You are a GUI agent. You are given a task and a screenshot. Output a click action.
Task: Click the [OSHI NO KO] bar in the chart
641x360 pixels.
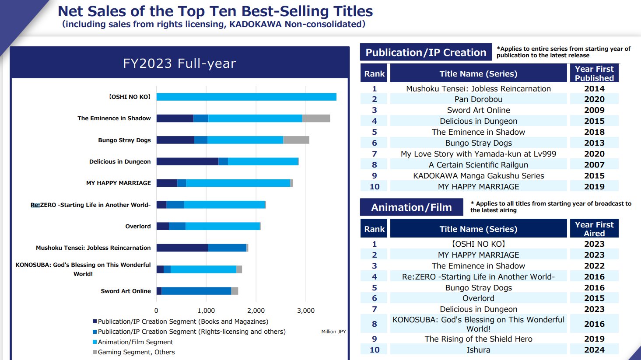(246, 97)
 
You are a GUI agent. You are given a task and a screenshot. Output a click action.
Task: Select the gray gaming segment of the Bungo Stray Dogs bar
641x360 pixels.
(296, 140)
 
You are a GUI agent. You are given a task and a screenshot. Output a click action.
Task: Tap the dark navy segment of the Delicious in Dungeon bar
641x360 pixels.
(187, 161)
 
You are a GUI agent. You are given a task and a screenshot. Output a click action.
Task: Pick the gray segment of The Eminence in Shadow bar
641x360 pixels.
(316, 118)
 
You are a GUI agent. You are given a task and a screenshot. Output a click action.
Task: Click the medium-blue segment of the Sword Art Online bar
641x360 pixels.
(196, 291)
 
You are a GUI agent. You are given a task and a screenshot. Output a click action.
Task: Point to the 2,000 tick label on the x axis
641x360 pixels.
(256, 311)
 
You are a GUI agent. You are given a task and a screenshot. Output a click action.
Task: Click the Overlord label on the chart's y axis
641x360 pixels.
(138, 226)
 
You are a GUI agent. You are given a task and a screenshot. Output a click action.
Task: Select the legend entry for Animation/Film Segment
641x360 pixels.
(135, 342)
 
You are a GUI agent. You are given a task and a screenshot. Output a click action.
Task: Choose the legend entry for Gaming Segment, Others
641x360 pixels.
(136, 352)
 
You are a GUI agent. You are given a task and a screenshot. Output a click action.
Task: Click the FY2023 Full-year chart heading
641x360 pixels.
(179, 63)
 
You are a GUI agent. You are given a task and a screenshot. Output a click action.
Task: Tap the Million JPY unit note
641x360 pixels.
(333, 332)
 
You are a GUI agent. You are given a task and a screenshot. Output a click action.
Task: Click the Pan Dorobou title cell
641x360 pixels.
(478, 99)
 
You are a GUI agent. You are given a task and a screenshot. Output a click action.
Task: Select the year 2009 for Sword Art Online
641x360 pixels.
(594, 110)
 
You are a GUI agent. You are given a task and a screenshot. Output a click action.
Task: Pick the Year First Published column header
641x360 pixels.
(594, 73)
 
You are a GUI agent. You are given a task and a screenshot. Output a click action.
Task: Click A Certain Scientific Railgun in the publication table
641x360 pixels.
(478, 165)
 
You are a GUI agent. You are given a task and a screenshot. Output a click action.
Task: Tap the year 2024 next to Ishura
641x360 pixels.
(594, 350)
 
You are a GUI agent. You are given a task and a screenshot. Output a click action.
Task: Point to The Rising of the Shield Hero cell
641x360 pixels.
(478, 339)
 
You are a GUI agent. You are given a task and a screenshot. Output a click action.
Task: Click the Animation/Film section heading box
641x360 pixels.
(411, 207)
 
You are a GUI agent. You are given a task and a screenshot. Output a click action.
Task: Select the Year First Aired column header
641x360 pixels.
(594, 229)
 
